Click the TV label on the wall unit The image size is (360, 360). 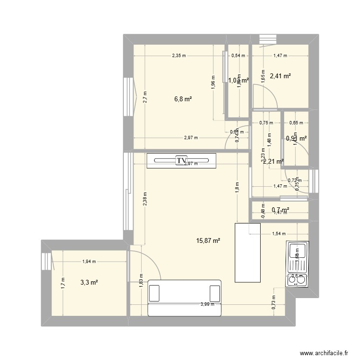point(181,161)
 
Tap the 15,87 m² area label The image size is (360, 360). point(208,240)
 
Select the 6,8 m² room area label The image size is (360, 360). point(183,99)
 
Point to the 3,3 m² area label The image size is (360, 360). point(89,283)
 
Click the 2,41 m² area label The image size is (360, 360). point(280,76)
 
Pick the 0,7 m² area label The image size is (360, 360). point(280,210)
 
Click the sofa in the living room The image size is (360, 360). point(185,298)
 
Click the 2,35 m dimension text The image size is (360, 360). point(180,56)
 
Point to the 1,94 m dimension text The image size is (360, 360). point(89,262)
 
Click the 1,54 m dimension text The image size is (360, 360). point(279,234)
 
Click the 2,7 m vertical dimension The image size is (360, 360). point(144,97)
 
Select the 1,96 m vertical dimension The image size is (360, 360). point(214,83)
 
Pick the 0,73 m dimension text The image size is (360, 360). point(274,300)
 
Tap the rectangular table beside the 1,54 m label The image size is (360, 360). point(247,252)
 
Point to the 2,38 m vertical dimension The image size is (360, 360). point(144,198)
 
